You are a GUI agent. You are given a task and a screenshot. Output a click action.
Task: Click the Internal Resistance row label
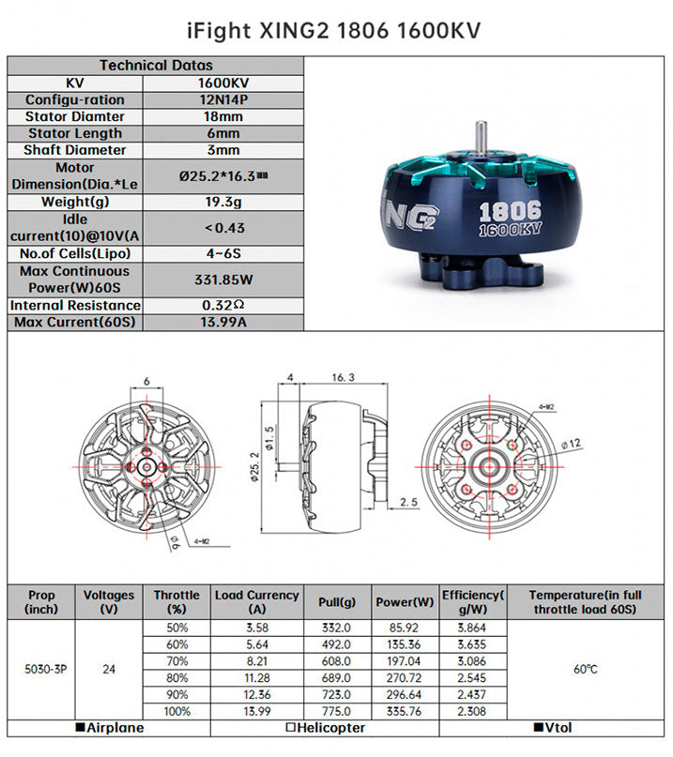76,305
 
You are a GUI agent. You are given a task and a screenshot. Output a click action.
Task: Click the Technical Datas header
156,66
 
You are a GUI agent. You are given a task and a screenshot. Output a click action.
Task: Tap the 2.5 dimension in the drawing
408,503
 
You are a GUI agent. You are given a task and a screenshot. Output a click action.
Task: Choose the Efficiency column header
473,601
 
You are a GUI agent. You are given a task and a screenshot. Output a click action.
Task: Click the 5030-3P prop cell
42,670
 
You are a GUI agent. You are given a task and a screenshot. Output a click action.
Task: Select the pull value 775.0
335,713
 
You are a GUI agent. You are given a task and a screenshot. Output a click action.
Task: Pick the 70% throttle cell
176,661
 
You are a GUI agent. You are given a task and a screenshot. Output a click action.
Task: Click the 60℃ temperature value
585,670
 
